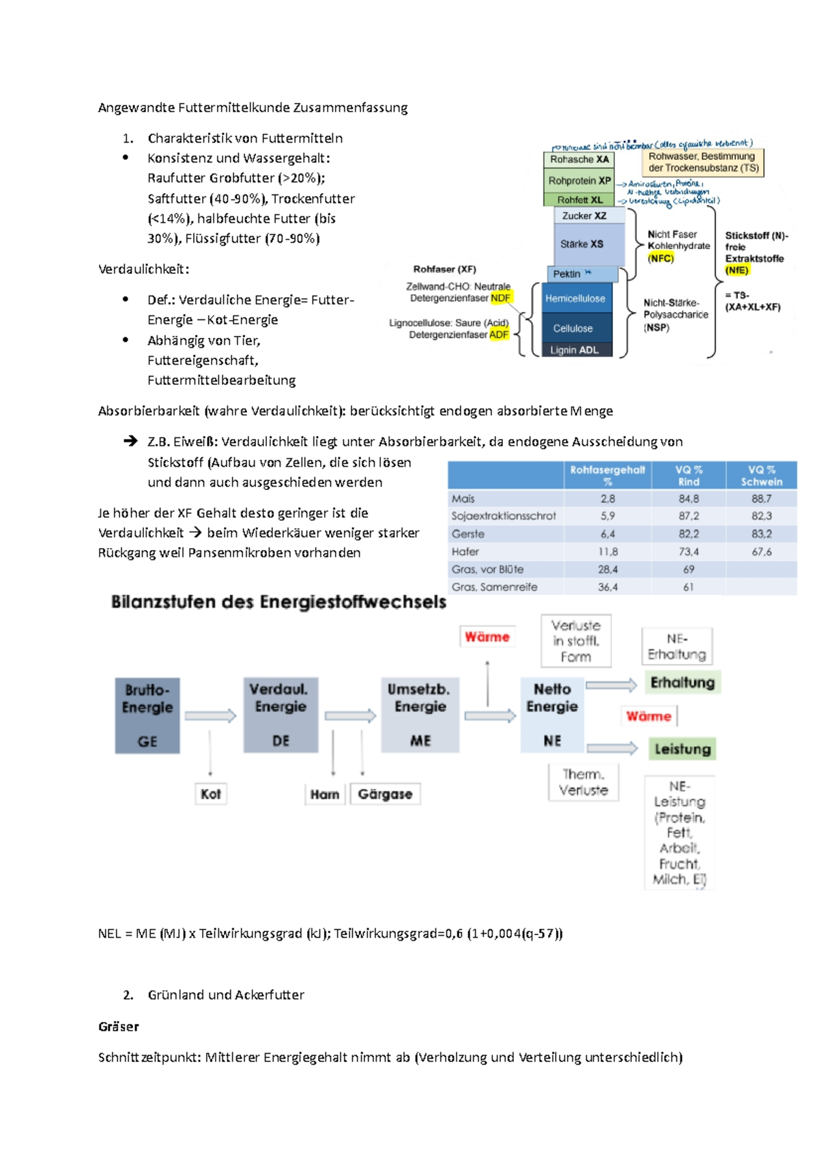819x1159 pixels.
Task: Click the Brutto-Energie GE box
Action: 147,715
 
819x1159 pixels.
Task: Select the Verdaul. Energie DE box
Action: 281,715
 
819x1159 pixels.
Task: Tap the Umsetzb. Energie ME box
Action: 420,715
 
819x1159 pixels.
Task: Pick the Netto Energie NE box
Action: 551,715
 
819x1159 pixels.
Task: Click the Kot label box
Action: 210,794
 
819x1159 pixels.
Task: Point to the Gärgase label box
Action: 385,794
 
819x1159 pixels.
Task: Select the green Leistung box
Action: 682,749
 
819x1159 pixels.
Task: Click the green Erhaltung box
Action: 682,683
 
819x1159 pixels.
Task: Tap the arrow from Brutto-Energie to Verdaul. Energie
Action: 210,715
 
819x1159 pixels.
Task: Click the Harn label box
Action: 324,794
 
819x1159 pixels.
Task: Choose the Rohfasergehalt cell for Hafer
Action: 607,552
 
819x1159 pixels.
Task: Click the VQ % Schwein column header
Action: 761,476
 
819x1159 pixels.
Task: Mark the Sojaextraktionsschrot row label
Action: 504,516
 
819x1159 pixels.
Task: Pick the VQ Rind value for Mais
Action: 688,499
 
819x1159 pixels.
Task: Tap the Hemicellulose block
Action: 575,298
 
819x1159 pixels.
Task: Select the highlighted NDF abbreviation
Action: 500,298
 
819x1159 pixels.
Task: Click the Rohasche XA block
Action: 579,159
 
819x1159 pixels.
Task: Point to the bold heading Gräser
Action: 119,1027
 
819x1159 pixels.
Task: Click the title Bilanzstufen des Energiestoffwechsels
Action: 278,602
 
